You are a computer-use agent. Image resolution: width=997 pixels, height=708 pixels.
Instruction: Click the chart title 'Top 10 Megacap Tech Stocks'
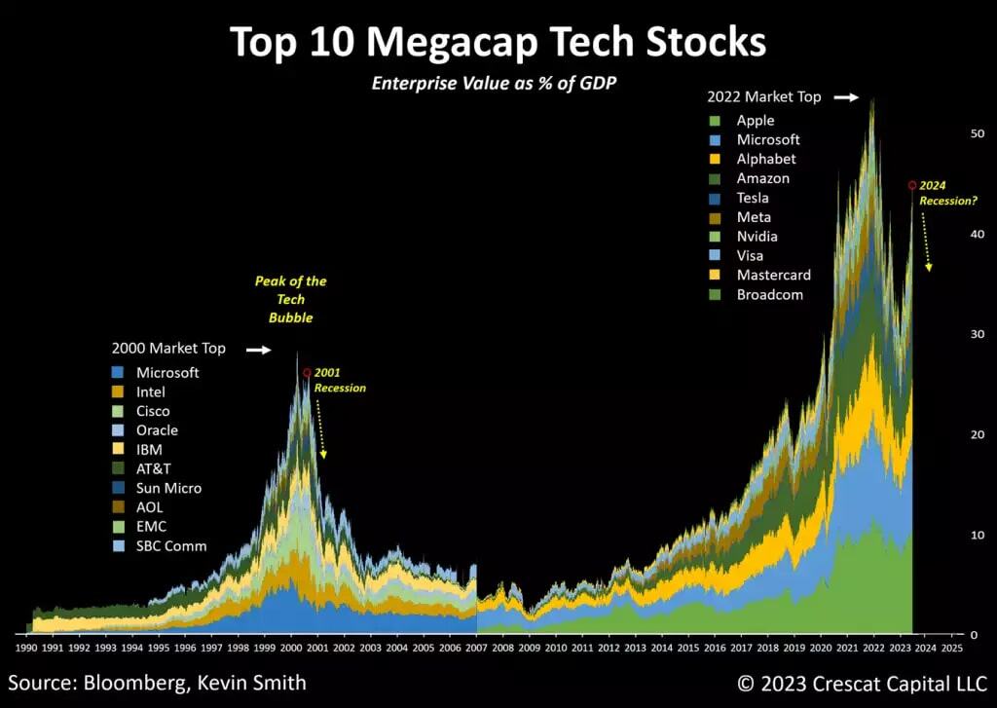click(x=498, y=43)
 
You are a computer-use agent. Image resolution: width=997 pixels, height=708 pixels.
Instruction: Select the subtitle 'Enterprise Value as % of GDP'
click(x=495, y=84)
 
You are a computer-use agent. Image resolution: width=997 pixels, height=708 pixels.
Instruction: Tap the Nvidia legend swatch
click(x=717, y=237)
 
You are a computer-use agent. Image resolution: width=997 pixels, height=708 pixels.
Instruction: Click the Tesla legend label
click(x=753, y=198)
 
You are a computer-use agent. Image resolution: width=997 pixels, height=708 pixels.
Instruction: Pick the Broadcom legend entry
click(x=769, y=294)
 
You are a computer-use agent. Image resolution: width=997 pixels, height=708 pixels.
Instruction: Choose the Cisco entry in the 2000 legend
click(x=153, y=411)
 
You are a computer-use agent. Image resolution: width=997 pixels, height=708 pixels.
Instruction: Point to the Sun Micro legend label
click(x=168, y=488)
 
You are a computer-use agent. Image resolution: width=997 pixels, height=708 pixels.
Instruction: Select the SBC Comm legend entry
click(x=170, y=545)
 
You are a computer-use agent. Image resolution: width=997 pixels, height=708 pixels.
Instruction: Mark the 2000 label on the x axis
click(x=291, y=647)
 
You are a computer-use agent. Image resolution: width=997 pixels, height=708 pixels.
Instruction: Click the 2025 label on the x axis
click(x=952, y=647)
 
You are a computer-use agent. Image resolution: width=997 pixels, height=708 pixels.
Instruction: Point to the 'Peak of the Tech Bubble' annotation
click(x=290, y=299)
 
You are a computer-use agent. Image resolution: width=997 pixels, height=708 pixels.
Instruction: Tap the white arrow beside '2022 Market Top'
click(x=846, y=97)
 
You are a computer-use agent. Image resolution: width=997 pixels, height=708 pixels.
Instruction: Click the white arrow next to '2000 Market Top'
click(x=258, y=349)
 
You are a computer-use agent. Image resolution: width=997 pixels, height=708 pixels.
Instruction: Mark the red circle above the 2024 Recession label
click(x=911, y=184)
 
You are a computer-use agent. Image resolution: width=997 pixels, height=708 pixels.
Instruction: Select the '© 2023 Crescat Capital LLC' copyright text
click(x=863, y=683)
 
